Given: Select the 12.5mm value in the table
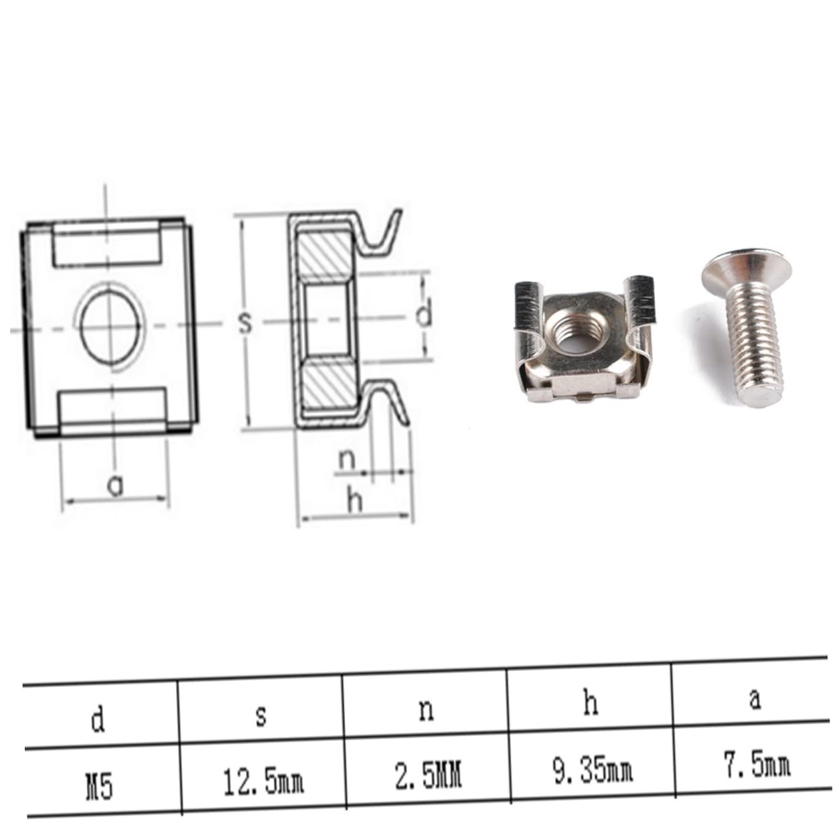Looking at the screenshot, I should coord(262,781).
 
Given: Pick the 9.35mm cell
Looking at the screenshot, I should coord(593,771).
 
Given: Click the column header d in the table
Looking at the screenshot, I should coord(98,721).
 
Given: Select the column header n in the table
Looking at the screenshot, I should coord(426,709).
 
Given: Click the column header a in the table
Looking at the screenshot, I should coord(755,698).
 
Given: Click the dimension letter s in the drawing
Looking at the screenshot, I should coord(246,323).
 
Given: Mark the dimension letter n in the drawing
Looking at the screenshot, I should coord(346,460).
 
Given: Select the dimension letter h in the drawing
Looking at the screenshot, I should coord(354,500).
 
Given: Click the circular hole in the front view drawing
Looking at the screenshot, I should coord(110,325).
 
